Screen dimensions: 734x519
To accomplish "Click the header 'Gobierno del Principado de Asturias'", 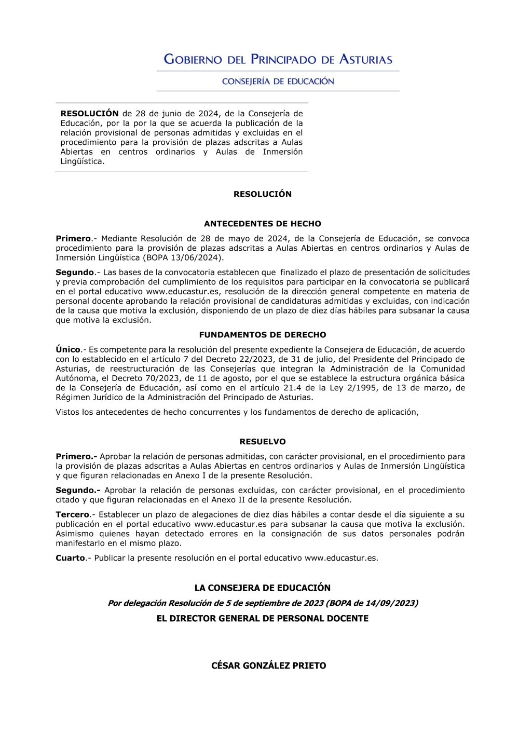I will point(278,59).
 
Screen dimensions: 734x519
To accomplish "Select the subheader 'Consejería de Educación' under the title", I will point(278,81).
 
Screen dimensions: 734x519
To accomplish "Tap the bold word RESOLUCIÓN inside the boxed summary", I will point(89,114).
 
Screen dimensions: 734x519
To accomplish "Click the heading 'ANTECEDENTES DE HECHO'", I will point(262,224).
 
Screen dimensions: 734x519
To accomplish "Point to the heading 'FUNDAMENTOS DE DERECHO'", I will point(262,335).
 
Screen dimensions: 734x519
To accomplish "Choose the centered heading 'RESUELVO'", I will point(262,442).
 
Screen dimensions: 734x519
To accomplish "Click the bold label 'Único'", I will point(68,350).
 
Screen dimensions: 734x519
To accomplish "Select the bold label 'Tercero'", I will point(72,514).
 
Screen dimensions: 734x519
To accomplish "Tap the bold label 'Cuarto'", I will point(70,558).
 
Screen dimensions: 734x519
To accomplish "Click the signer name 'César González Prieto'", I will point(268,665).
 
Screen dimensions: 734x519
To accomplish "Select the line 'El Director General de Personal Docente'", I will point(262,618).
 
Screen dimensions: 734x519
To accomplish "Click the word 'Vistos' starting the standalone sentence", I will point(67,412).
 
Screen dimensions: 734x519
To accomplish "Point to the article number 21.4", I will point(292,388).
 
